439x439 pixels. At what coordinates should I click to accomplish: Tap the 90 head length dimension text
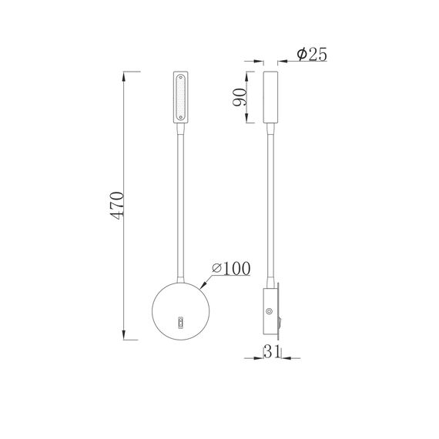[240, 97]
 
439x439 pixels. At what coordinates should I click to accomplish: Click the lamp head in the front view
[181, 97]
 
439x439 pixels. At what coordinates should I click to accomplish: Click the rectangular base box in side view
[269, 311]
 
